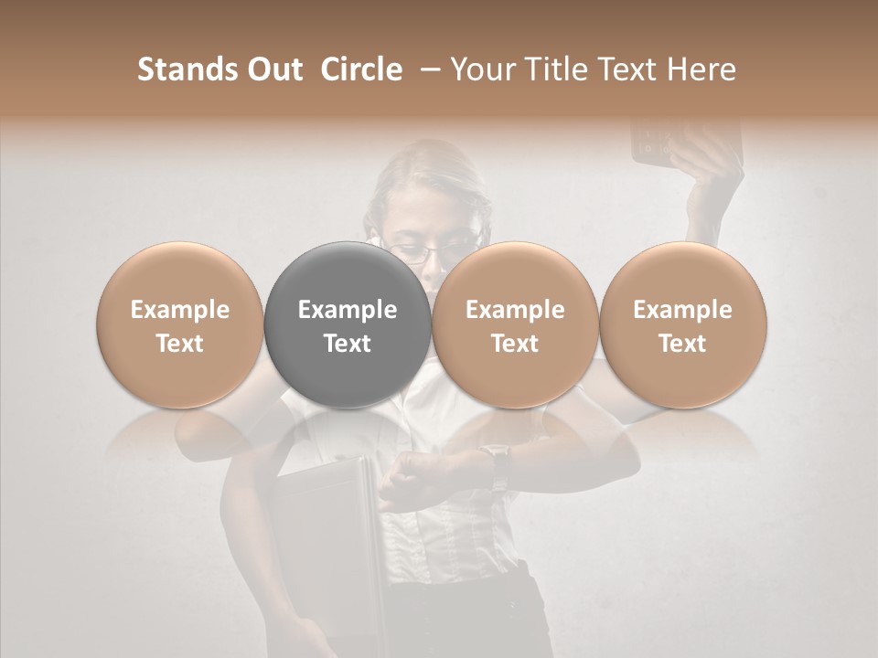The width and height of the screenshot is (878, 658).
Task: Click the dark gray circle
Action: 348,324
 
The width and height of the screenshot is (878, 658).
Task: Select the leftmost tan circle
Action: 180,324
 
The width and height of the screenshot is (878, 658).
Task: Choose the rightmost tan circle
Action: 683,324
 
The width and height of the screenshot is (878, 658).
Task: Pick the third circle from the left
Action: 515,324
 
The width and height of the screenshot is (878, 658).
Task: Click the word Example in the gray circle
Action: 348,310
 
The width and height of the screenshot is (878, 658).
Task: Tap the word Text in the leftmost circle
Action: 180,344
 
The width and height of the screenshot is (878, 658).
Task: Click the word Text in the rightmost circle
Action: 683,344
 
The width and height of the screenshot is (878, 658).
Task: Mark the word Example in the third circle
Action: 515,310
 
